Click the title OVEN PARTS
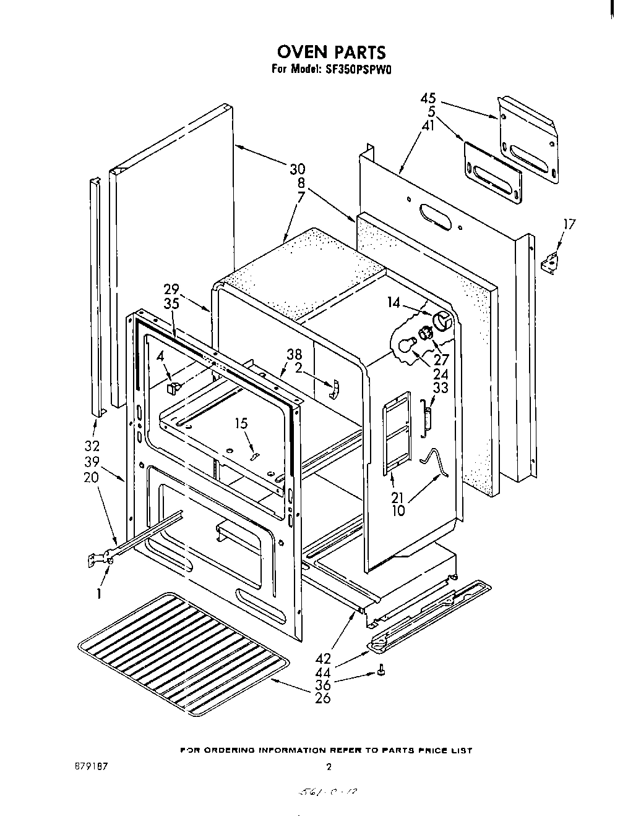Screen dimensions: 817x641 (x=330, y=51)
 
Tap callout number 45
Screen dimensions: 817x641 (x=428, y=98)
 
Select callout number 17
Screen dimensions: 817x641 (x=569, y=224)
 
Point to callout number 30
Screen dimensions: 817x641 (x=298, y=169)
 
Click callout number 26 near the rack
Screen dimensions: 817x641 (x=322, y=698)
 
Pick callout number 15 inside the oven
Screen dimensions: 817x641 (x=241, y=423)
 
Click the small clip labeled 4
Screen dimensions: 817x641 (x=173, y=387)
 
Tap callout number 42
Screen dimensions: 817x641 (x=322, y=659)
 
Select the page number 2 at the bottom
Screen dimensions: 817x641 (x=329, y=767)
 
